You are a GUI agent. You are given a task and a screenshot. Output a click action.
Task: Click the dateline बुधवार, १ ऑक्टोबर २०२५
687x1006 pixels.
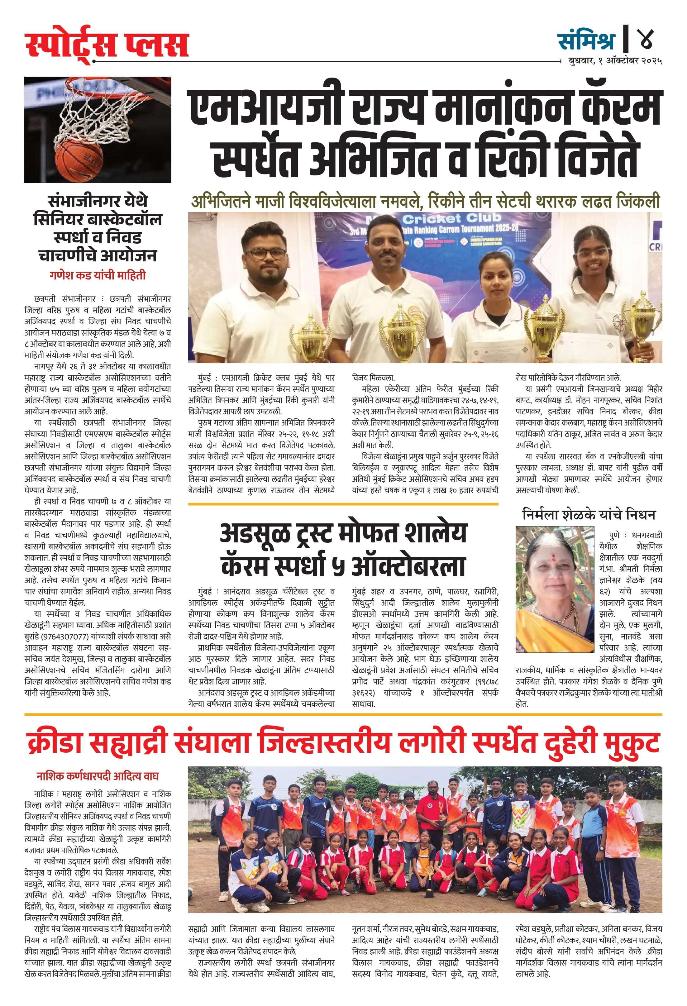pyautogui.click(x=615, y=61)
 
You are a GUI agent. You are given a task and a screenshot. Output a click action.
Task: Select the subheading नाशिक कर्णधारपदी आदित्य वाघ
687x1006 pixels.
pyautogui.click(x=98, y=776)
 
